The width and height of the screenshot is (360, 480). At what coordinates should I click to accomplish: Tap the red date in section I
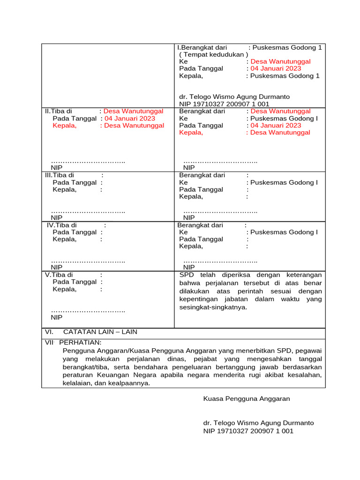[x=276, y=68]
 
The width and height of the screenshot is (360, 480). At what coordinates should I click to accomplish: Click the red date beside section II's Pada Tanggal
[x=129, y=118]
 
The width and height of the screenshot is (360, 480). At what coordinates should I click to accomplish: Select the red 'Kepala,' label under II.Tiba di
[x=64, y=125]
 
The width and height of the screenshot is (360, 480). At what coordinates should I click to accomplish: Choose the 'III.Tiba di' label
[x=60, y=175]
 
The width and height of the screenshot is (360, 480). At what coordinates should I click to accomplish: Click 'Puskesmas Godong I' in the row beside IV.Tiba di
[x=284, y=232]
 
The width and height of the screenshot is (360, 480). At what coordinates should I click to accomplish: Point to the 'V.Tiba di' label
[x=59, y=275]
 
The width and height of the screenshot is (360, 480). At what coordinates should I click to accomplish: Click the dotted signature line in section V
[x=88, y=310]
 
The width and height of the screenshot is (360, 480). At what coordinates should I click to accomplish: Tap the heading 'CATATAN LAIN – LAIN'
[x=100, y=331]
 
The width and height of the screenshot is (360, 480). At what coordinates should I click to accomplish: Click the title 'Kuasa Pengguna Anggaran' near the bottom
[x=247, y=398]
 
